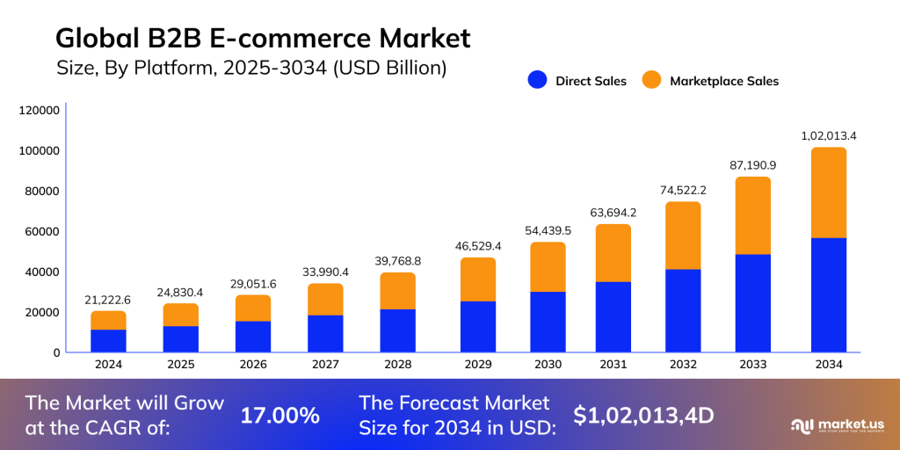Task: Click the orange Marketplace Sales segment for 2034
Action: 828,192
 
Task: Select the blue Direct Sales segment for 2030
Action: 548,322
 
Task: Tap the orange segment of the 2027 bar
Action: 325,300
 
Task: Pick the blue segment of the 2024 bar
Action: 109,341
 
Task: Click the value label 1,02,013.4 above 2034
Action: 828,136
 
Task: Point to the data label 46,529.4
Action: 477,246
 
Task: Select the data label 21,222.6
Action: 109,300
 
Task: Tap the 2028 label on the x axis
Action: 397,364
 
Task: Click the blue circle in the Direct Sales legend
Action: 537,80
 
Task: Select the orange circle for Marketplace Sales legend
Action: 650,80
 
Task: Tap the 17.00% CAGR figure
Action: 280,416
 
